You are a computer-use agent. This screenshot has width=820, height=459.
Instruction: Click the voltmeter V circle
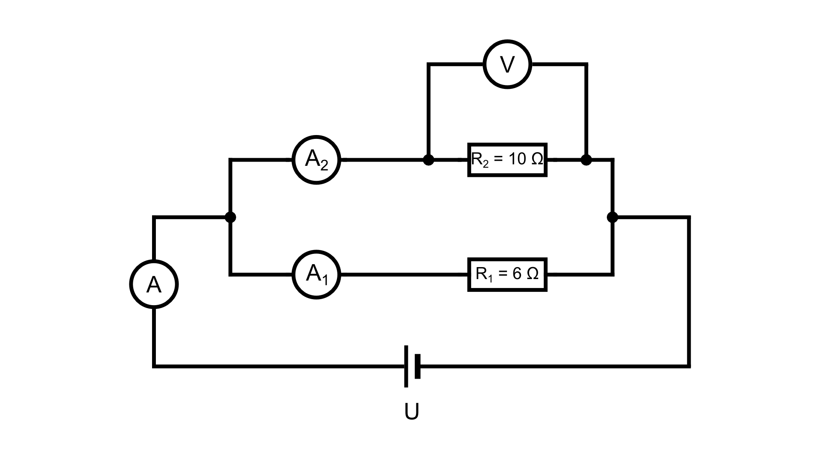507,65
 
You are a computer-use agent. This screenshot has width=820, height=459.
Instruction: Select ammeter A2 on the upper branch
316,160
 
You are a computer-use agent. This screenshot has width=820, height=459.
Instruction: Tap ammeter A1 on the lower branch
316,274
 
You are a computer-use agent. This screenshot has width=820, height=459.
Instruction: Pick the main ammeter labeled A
154,284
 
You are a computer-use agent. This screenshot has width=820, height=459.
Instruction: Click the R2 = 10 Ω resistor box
507,160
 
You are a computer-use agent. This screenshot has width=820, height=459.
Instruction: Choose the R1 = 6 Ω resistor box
507,274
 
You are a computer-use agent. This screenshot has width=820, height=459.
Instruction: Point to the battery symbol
412,366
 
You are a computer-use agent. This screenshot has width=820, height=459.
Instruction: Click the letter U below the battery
412,412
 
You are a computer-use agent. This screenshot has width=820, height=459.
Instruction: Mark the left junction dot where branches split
230,217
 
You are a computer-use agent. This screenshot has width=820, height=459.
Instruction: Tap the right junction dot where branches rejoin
612,217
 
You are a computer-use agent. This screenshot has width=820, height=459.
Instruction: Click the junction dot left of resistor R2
428,160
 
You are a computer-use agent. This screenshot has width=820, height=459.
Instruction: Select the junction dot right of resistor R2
586,160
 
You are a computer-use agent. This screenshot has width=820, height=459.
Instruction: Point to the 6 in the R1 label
517,274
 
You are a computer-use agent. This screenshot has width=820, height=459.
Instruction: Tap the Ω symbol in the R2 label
537,159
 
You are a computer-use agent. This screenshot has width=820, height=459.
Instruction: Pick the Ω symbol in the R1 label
533,274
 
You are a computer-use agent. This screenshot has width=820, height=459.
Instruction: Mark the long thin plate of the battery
406,366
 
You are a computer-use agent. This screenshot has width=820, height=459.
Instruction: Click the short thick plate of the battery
418,366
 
